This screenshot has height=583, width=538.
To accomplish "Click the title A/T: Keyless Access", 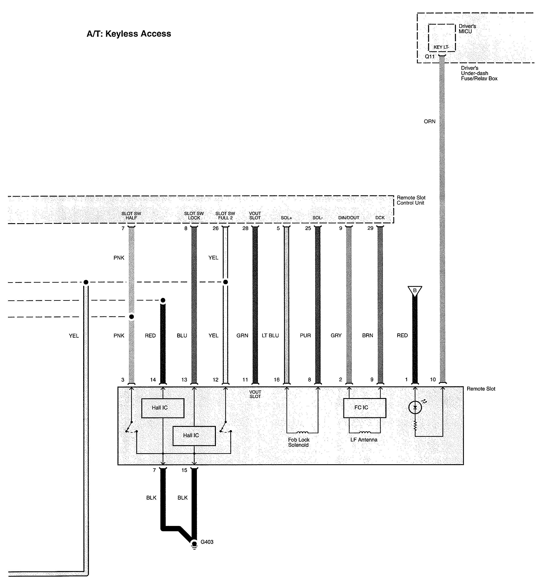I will [x=129, y=34].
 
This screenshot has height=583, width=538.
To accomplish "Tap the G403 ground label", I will [x=207, y=542].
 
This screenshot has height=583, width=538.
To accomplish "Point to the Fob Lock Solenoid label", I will [x=299, y=442].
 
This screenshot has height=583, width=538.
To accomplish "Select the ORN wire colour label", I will [x=429, y=121].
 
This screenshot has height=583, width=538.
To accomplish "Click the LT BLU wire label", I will [x=270, y=336].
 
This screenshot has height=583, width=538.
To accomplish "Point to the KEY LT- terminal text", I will [x=441, y=47].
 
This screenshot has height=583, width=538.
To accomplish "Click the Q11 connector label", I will [x=430, y=56].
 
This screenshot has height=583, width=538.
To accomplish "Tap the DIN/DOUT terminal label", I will [x=348, y=218].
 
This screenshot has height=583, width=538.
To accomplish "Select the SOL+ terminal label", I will [x=286, y=218].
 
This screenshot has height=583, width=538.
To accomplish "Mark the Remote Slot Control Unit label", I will [x=411, y=200].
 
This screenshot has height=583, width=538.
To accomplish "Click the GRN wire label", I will [x=242, y=336].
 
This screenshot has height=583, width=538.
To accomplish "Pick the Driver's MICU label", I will [x=467, y=29].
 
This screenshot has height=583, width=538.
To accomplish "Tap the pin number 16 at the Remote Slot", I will [x=277, y=380].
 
